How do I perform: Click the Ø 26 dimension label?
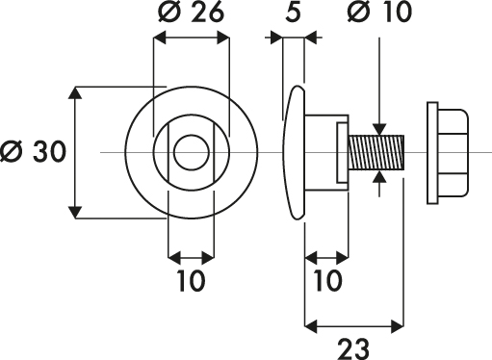point(191,12)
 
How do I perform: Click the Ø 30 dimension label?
point(33,151)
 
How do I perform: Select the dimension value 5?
point(293,12)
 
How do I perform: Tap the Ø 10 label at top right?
point(379,12)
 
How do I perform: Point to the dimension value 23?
point(353,349)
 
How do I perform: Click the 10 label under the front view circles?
point(191,281)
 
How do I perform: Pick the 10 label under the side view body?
point(327,281)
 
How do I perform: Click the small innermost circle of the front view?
point(192,152)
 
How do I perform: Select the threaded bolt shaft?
point(376,152)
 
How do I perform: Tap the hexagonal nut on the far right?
point(453,153)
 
